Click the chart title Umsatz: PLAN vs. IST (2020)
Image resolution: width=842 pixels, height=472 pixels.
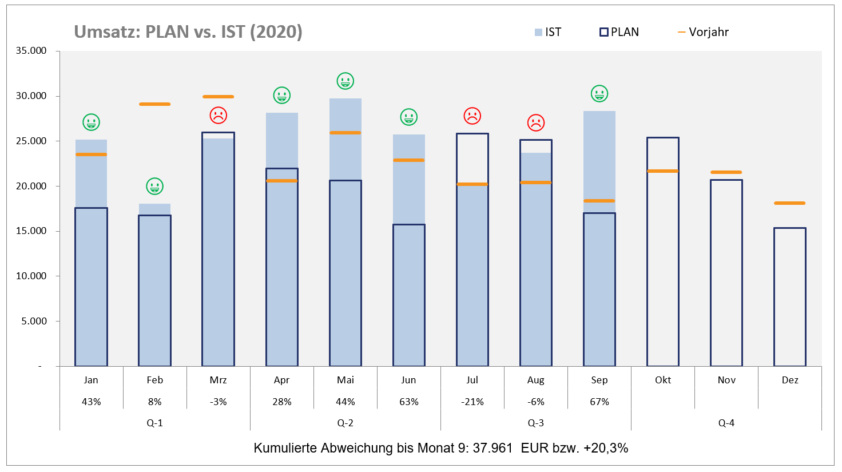[188, 31]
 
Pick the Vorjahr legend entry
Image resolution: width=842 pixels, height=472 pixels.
[703, 32]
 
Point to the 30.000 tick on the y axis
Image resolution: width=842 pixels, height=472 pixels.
[31, 96]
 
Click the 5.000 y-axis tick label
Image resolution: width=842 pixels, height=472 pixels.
[34, 321]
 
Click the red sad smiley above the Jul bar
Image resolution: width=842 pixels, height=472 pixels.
[472, 116]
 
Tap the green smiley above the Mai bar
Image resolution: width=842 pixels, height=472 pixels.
[345, 81]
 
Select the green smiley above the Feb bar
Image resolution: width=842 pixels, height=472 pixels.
[154, 186]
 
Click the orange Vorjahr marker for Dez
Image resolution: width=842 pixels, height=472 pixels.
[789, 203]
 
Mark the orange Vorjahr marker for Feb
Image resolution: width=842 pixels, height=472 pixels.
[154, 104]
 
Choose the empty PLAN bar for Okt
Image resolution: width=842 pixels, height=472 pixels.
[663, 252]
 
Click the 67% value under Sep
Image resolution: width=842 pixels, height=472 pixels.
[599, 402]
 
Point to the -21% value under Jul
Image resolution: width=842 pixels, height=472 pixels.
[472, 402]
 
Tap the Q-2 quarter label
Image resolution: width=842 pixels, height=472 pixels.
[345, 423]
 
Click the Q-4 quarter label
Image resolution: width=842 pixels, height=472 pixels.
[726, 423]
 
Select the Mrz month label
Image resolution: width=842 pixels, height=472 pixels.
[218, 380]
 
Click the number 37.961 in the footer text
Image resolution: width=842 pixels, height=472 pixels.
[493, 448]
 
